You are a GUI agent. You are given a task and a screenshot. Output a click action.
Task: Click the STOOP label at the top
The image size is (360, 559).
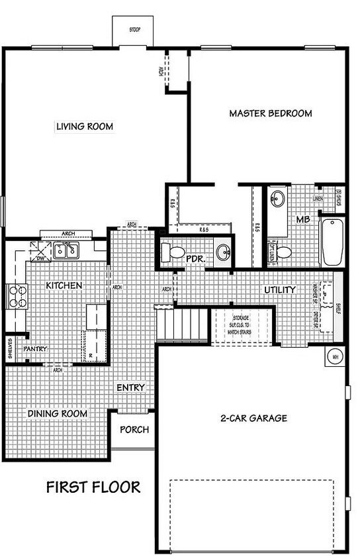(x=135, y=30)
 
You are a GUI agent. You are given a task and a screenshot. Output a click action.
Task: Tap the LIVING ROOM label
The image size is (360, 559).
(x=84, y=127)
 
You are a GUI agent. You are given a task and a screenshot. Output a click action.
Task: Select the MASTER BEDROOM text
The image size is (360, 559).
(x=270, y=113)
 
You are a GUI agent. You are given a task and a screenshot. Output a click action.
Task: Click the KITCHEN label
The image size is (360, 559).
(x=64, y=285)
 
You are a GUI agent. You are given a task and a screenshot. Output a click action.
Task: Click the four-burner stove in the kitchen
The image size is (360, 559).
(x=17, y=296)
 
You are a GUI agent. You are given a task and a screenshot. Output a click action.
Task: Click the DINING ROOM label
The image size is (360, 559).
(x=58, y=414)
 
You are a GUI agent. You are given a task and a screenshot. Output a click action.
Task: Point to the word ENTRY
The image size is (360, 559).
(x=130, y=387)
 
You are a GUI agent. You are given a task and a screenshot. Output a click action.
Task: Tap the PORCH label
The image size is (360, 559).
(x=134, y=429)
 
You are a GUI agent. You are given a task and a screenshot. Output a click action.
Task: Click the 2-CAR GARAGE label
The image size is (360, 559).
(x=253, y=418)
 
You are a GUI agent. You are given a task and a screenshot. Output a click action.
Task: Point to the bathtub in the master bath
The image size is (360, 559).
(x=331, y=241)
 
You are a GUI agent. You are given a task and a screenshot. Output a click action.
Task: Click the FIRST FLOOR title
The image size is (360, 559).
(x=93, y=487)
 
